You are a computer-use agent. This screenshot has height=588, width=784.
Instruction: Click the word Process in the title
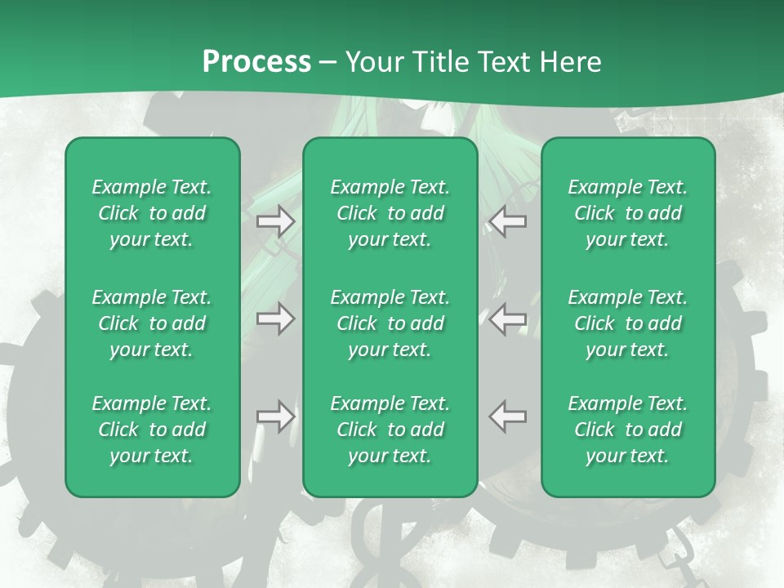(x=256, y=62)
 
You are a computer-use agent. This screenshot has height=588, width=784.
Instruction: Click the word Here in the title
(x=572, y=62)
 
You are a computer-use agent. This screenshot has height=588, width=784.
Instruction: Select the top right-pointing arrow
(x=275, y=221)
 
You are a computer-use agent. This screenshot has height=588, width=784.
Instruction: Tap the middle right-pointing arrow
(x=275, y=318)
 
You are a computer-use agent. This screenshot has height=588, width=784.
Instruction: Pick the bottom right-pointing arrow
(x=275, y=416)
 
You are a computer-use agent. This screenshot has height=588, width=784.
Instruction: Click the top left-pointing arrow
(x=508, y=221)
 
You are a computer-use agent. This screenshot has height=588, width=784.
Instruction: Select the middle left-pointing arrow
(x=508, y=318)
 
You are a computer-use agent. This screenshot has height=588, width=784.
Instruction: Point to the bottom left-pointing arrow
(x=508, y=416)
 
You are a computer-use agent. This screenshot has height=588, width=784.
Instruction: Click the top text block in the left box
(x=152, y=213)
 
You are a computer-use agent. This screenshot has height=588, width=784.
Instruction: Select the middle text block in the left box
(x=152, y=323)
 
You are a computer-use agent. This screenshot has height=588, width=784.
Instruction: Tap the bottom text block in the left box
(x=152, y=430)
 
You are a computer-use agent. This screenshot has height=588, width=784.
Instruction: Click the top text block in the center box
(x=390, y=213)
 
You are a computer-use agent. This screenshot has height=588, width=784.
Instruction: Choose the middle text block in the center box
(x=390, y=323)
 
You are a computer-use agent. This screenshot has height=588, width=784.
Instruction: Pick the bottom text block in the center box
(x=390, y=430)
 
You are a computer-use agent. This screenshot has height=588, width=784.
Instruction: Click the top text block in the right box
(x=627, y=213)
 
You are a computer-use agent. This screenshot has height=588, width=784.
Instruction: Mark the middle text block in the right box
(x=627, y=323)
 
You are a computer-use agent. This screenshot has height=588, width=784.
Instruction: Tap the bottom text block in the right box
(x=627, y=430)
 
